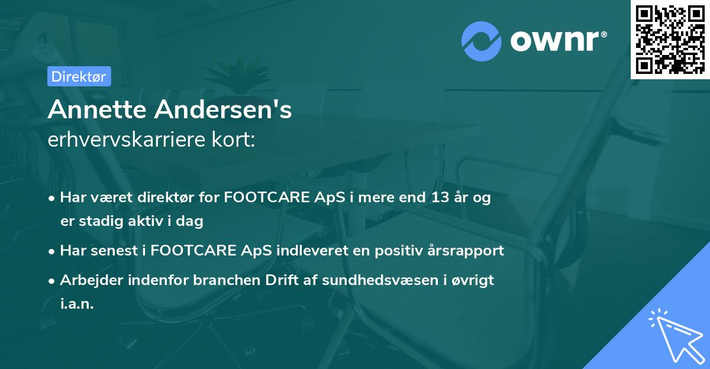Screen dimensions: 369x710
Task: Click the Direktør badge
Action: pos(79,76)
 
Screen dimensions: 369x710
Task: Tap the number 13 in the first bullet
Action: pos(440,198)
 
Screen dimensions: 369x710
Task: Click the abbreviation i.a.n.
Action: pos(77,304)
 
